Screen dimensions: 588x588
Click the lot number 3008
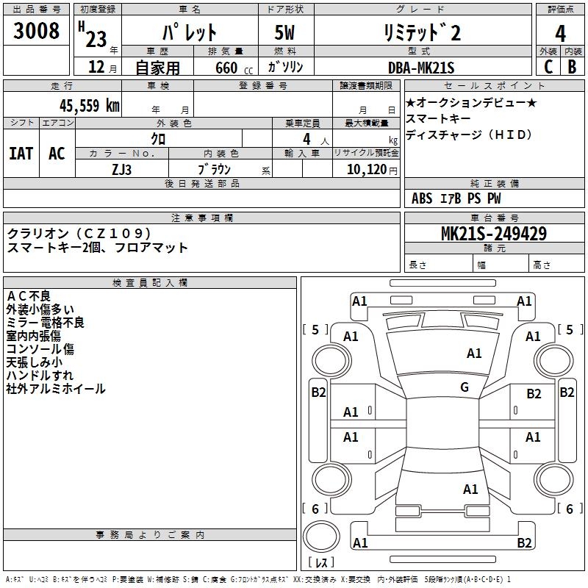[37, 32]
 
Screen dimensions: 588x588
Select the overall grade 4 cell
[560, 33]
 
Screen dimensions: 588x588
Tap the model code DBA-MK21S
[421, 68]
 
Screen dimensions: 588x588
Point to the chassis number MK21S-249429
[493, 234]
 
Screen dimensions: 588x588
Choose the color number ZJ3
[122, 169]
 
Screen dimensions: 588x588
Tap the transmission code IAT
[21, 154]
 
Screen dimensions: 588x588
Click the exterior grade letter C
[548, 67]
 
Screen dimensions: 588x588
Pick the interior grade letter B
[572, 67]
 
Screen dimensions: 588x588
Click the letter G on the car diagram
[465, 387]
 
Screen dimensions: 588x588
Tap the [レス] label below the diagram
[321, 563]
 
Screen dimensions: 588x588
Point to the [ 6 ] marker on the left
[315, 509]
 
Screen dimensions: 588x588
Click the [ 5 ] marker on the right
[570, 329]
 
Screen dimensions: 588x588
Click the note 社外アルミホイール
[56, 389]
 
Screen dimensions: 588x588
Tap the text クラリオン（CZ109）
[80, 233]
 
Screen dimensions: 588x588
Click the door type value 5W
[287, 32]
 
